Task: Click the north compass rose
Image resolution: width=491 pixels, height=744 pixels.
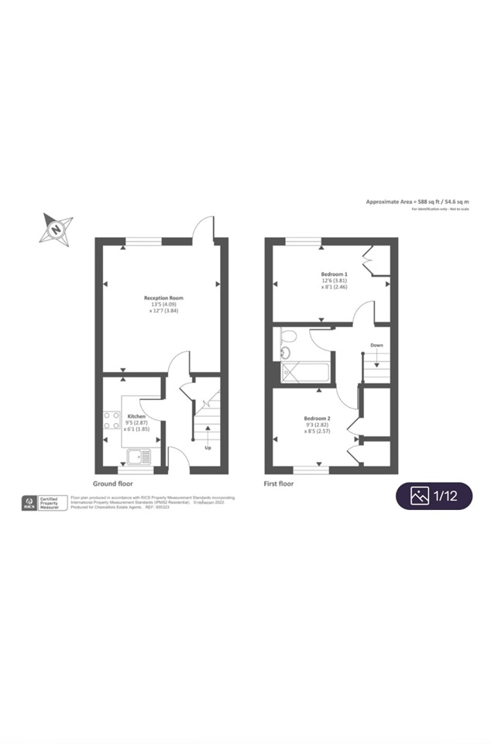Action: coord(57,229)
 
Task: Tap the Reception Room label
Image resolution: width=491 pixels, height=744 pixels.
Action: coord(163,298)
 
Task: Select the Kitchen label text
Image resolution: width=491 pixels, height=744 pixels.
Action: coord(136,415)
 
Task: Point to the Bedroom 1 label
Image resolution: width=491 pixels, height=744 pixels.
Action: coord(335,274)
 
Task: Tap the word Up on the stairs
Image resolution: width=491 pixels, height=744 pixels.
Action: coord(208,448)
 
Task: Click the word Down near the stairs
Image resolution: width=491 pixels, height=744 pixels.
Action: coord(376,345)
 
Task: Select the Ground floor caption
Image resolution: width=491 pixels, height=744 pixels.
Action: coord(112,484)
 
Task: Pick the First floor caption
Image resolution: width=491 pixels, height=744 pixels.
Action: coord(279,484)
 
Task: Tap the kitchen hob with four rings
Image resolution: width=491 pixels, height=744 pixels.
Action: coord(109,420)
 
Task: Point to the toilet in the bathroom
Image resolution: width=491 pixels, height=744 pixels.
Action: coord(288,336)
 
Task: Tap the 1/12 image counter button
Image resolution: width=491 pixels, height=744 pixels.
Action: coord(434,496)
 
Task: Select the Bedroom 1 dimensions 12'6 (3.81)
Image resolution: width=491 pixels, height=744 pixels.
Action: coord(335,281)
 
